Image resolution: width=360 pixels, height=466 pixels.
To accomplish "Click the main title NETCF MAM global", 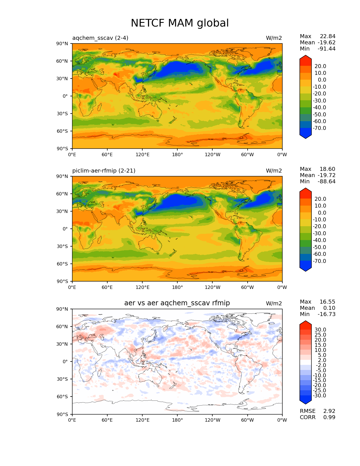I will [x=180, y=23].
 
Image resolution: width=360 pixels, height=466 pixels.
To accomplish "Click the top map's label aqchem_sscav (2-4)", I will [x=100, y=38].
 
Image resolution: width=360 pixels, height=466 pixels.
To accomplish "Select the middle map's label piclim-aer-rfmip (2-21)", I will [x=104, y=171].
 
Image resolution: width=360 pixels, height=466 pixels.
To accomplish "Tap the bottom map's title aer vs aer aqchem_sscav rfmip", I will [x=177, y=303].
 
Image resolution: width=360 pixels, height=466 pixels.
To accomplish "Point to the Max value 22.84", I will [x=328, y=36].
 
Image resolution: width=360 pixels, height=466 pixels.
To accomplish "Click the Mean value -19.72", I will [x=326, y=175].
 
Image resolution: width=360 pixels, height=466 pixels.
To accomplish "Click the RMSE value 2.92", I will [x=329, y=411].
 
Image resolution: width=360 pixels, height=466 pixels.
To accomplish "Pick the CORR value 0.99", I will [x=329, y=417].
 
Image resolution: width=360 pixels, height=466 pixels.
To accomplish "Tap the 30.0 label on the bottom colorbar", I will [x=320, y=330].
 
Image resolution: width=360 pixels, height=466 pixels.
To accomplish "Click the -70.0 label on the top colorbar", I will [x=319, y=128].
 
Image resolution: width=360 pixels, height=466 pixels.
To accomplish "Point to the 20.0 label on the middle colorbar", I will [x=320, y=199].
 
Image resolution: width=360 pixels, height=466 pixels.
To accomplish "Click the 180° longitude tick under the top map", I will [x=177, y=154].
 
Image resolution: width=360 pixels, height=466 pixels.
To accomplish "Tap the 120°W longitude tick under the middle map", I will [x=212, y=287].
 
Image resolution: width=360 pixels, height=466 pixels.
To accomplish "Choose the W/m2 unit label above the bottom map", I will [x=274, y=303].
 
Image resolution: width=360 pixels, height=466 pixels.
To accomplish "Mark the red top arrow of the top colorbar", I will [x=306, y=60].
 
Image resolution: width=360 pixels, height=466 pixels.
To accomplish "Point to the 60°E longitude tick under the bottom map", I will [x=107, y=420].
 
